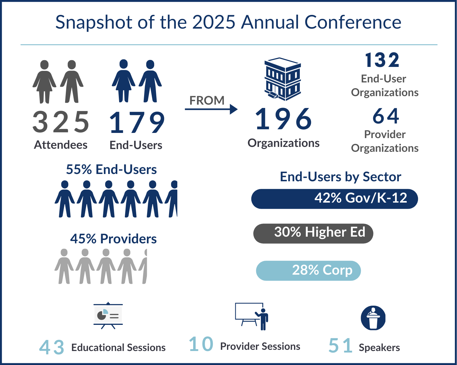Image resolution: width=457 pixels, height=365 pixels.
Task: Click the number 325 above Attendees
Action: tap(61, 122)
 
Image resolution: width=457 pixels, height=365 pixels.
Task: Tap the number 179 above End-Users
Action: tap(137, 123)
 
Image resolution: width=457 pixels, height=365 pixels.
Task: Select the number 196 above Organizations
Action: tap(283, 119)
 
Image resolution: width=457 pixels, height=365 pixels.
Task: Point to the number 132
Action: tap(382, 60)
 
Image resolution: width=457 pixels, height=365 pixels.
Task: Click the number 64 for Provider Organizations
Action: tap(385, 116)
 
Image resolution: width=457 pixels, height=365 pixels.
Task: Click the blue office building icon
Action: tap(283, 79)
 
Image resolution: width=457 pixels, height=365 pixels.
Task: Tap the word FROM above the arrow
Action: tap(207, 100)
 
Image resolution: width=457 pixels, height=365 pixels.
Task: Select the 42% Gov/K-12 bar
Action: tap(334, 199)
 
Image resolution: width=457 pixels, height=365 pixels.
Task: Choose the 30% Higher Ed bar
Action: tap(313, 233)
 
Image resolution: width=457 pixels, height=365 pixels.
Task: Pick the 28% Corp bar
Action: tap(308, 270)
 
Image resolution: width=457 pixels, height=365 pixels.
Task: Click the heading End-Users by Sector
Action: tap(340, 177)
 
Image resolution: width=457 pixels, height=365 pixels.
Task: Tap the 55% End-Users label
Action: tap(111, 169)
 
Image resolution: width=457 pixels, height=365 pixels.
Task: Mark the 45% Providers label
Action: tap(113, 239)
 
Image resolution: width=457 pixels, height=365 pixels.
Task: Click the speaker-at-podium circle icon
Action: tap(373, 318)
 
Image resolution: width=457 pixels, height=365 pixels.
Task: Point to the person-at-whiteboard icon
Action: tap(252, 316)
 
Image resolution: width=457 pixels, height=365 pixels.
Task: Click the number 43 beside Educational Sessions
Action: tap(52, 347)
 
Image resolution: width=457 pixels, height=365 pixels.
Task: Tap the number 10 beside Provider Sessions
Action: tap(201, 344)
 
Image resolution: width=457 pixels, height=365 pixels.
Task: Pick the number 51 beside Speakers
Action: tap(341, 346)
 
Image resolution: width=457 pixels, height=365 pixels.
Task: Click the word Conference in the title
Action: tap(353, 22)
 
